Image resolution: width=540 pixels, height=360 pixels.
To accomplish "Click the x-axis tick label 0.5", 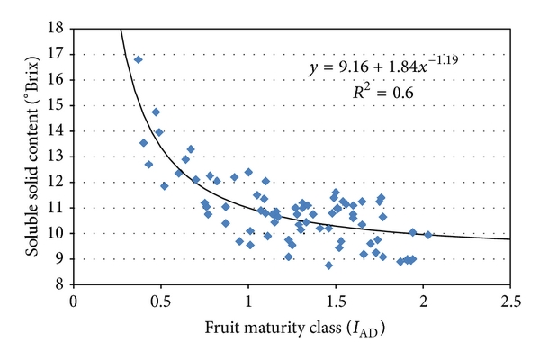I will (x=161, y=300).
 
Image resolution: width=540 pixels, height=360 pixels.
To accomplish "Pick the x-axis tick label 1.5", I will (x=336, y=300).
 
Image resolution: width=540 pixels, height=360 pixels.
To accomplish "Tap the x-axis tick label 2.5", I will (x=510, y=300).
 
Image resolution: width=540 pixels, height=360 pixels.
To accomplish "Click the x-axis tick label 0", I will (x=74, y=300).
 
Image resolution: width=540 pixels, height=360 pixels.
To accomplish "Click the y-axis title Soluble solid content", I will (x=25, y=157).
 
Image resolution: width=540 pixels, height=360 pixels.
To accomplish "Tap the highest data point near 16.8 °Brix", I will (x=139, y=59).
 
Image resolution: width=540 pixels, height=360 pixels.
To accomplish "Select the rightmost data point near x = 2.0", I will (x=428, y=235).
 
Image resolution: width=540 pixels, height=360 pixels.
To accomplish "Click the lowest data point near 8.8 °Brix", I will (x=328, y=265).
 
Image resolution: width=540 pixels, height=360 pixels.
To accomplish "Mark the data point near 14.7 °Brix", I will (x=156, y=112).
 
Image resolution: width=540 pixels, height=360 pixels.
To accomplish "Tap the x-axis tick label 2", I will (x=423, y=300).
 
